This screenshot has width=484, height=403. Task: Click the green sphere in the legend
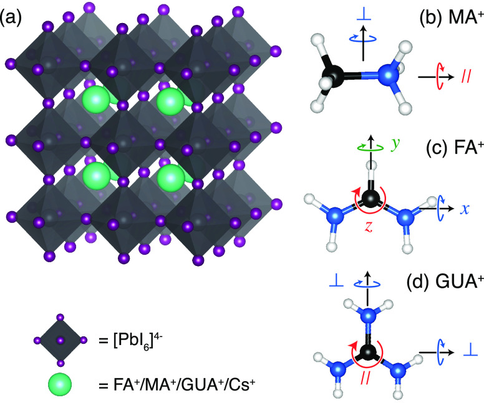pos(60,386)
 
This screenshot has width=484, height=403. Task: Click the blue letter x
pos(465,208)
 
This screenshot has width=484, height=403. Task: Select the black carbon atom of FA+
pos(372,200)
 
